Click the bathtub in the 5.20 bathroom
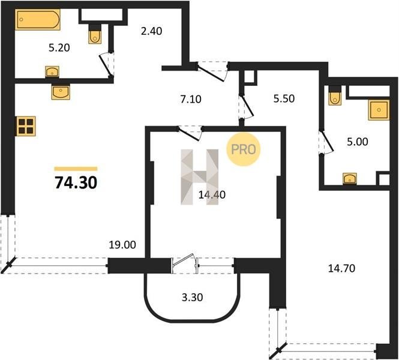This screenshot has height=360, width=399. (38, 20)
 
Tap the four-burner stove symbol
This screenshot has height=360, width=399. (26, 126)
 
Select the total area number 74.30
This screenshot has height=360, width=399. (76, 182)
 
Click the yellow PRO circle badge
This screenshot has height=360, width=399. (243, 149)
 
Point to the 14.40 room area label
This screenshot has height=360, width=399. (212, 195)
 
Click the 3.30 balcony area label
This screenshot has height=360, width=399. (192, 297)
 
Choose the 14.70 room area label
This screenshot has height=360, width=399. (341, 268)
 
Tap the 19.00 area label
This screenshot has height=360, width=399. (122, 245)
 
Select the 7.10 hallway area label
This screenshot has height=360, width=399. (191, 99)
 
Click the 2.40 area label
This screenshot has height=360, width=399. (151, 31)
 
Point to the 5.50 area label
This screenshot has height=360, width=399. (284, 98)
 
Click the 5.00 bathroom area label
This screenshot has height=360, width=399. (358, 142)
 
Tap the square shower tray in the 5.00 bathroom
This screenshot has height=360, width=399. (379, 110)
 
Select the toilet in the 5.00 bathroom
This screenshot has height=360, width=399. (335, 95)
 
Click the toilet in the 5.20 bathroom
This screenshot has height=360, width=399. (95, 34)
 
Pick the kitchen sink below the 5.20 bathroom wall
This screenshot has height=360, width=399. (61, 92)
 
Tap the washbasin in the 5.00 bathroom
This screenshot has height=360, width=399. (350, 179)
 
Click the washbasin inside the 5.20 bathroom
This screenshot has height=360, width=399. (52, 72)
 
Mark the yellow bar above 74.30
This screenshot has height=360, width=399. (76, 169)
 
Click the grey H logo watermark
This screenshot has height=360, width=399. (199, 177)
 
